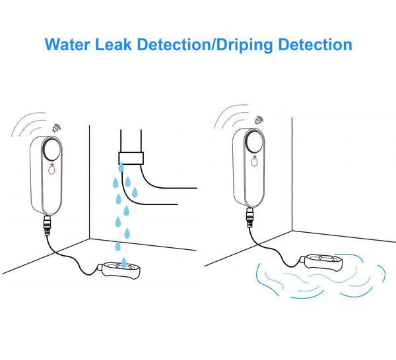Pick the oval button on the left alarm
51,170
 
